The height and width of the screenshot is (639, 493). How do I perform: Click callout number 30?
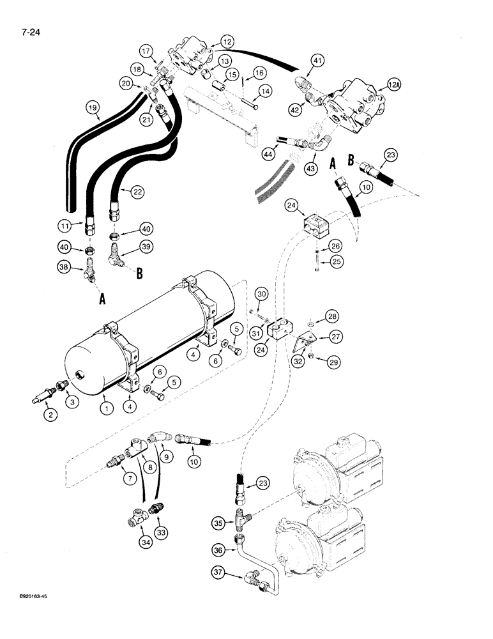pyautogui.click(x=261, y=293)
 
